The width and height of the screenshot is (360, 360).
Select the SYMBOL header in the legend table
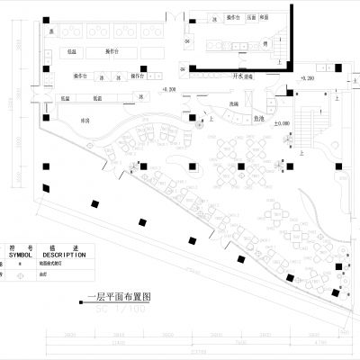pos(24,256)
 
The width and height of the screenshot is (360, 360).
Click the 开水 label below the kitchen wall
pos(238,76)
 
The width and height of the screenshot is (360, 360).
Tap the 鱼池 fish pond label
pos(257,116)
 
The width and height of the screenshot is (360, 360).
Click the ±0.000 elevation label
pos(283,122)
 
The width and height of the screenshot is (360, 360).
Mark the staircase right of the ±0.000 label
pos(317,122)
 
